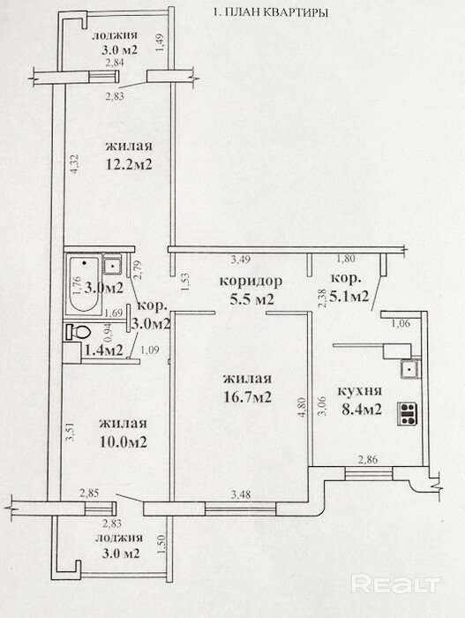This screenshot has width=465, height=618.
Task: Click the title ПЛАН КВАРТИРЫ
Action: pyautogui.click(x=275, y=12)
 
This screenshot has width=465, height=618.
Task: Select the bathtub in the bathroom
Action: pyautogui.click(x=84, y=284)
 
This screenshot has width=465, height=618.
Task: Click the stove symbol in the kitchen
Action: pyautogui.click(x=408, y=413)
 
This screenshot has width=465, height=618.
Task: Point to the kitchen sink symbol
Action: pyautogui.click(x=411, y=369)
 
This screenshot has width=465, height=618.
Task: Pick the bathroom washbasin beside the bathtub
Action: pyautogui.click(x=112, y=264)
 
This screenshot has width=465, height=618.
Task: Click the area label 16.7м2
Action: pyautogui.click(x=247, y=396)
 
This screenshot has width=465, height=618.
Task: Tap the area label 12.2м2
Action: pyautogui.click(x=129, y=163)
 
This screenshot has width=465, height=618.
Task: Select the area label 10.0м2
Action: pyautogui.click(x=123, y=441)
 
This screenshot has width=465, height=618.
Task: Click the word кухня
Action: pyautogui.click(x=360, y=390)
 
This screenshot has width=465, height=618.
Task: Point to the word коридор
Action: pyautogui.click(x=251, y=281)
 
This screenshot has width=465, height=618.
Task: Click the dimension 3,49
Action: pyautogui.click(x=241, y=260)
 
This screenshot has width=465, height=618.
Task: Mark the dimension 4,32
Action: pyautogui.click(x=74, y=164)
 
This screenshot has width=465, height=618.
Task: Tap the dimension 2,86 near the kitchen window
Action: pyautogui.click(x=367, y=459)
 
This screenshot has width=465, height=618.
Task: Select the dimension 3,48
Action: pyautogui.click(x=241, y=494)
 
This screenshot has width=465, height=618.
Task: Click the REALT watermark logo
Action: pyautogui.click(x=395, y=584)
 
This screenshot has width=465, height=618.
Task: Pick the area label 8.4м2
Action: pyautogui.click(x=362, y=409)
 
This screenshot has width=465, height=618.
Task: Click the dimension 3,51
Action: pyautogui.click(x=71, y=432)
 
